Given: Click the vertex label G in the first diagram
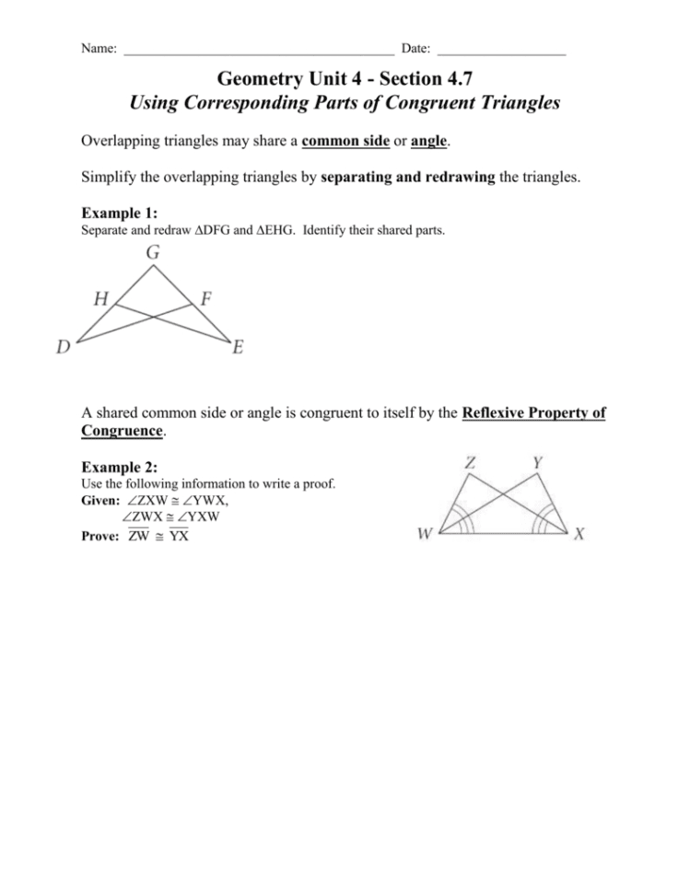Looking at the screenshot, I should pyautogui.click(x=152, y=251).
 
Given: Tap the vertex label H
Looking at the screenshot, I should pyautogui.click(x=101, y=297).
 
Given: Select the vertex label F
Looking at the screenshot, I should pyautogui.click(x=205, y=297).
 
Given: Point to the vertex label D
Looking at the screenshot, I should pyautogui.click(x=64, y=348).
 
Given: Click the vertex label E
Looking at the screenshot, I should pyautogui.click(x=238, y=348).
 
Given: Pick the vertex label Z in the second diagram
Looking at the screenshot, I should pyautogui.click(x=470, y=463).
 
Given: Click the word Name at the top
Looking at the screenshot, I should pyautogui.click(x=97, y=47).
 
